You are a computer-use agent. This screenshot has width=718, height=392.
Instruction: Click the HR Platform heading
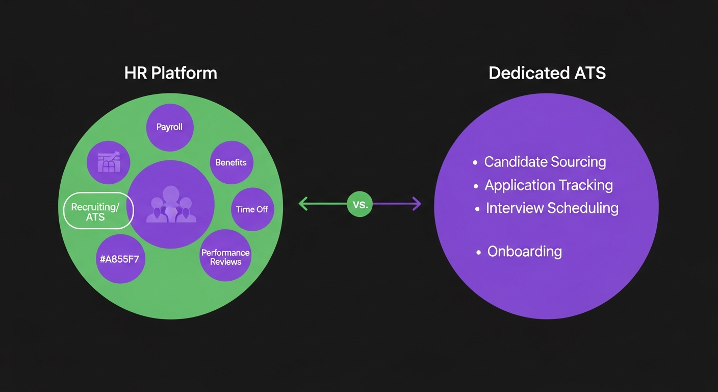170,73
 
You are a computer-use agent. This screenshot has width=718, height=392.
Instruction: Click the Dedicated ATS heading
547,73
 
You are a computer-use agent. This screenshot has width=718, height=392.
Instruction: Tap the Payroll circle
169,127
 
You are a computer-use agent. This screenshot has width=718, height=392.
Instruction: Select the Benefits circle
231,163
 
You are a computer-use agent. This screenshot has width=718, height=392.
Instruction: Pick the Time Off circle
252,209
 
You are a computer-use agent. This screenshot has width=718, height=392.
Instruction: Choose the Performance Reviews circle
225,257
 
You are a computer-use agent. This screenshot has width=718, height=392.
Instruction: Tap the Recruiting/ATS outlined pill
98,211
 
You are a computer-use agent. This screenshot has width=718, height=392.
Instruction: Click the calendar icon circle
109,163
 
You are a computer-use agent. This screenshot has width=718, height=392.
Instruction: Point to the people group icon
171,205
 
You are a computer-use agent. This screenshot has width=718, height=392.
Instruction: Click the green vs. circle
360,204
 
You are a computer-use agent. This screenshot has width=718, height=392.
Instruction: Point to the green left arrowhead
302,204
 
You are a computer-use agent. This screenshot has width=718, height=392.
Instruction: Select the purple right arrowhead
417,204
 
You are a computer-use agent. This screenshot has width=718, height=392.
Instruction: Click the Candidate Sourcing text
545,162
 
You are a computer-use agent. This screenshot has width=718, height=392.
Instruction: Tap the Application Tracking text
548,185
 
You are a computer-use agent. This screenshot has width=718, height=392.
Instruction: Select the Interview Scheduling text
552,208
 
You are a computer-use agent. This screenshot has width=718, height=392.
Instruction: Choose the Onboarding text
524,252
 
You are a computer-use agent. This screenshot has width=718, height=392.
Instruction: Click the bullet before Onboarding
478,253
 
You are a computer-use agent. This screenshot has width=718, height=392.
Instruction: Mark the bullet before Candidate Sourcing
475,163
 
